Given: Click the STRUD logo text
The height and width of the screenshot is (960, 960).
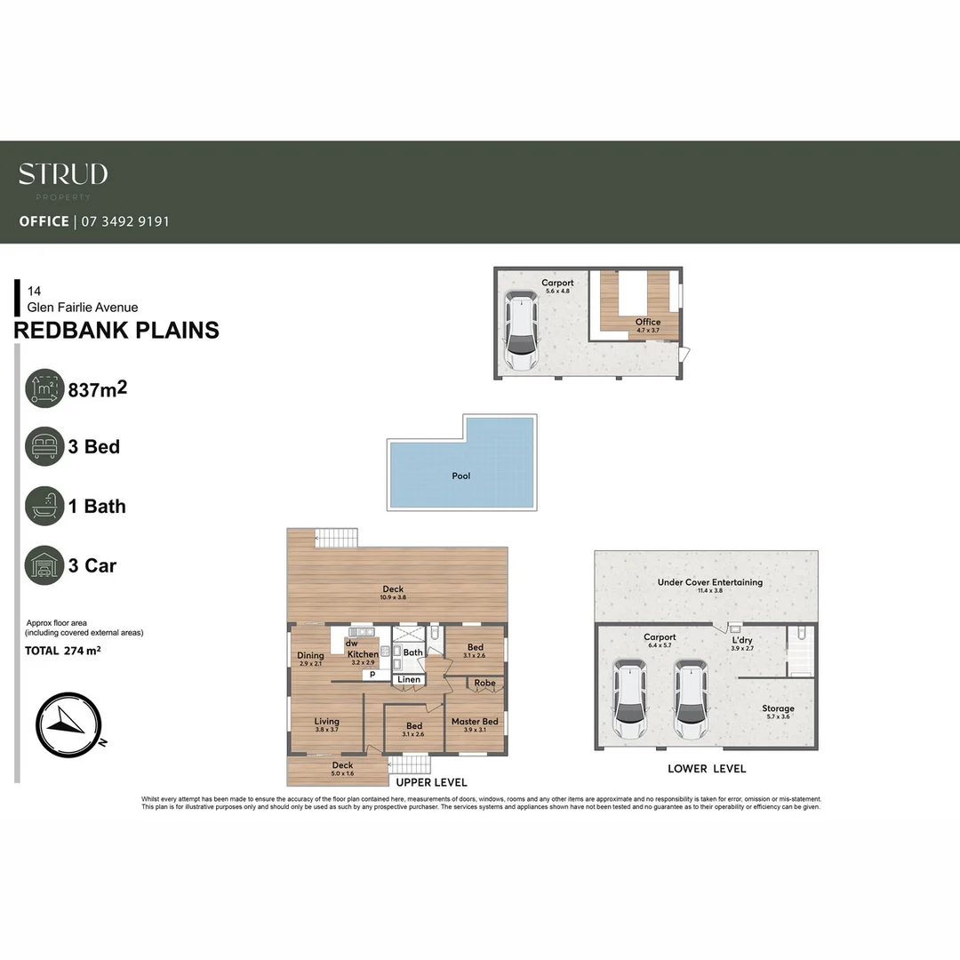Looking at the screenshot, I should point(63,174).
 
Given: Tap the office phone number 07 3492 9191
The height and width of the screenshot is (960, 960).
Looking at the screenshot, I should point(125,221).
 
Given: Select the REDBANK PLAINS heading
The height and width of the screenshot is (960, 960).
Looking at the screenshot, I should point(116,331).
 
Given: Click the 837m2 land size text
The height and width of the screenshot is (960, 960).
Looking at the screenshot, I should point(104,388).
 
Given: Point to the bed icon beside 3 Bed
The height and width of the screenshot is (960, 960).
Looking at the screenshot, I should point(44,446).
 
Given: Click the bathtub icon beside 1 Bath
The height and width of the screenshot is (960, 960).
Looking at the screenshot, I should point(44,506).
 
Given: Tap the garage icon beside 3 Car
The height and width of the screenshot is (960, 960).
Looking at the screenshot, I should point(44,565).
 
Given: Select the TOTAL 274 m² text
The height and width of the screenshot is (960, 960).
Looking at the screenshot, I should point(62,651).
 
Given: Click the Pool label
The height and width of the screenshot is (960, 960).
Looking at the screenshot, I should point(461,476).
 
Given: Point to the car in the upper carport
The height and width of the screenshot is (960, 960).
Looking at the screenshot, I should point(521,332).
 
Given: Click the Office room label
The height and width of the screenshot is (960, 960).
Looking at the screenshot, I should point(648,322).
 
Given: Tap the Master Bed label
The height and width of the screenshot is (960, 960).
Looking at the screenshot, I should point(475,722).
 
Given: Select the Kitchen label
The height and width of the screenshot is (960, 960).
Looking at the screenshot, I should point(363,654).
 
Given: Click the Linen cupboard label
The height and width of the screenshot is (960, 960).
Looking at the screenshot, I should point(409,680).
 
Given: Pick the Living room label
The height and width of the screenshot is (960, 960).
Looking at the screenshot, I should point(327,722).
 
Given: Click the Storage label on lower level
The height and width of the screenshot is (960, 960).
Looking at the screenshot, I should point(778,708).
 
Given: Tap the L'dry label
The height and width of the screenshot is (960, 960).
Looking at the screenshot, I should point(742,640).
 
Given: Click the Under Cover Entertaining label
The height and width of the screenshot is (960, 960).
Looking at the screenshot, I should point(709,583).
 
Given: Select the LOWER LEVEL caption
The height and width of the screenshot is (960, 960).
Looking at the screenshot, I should point(707,769).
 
